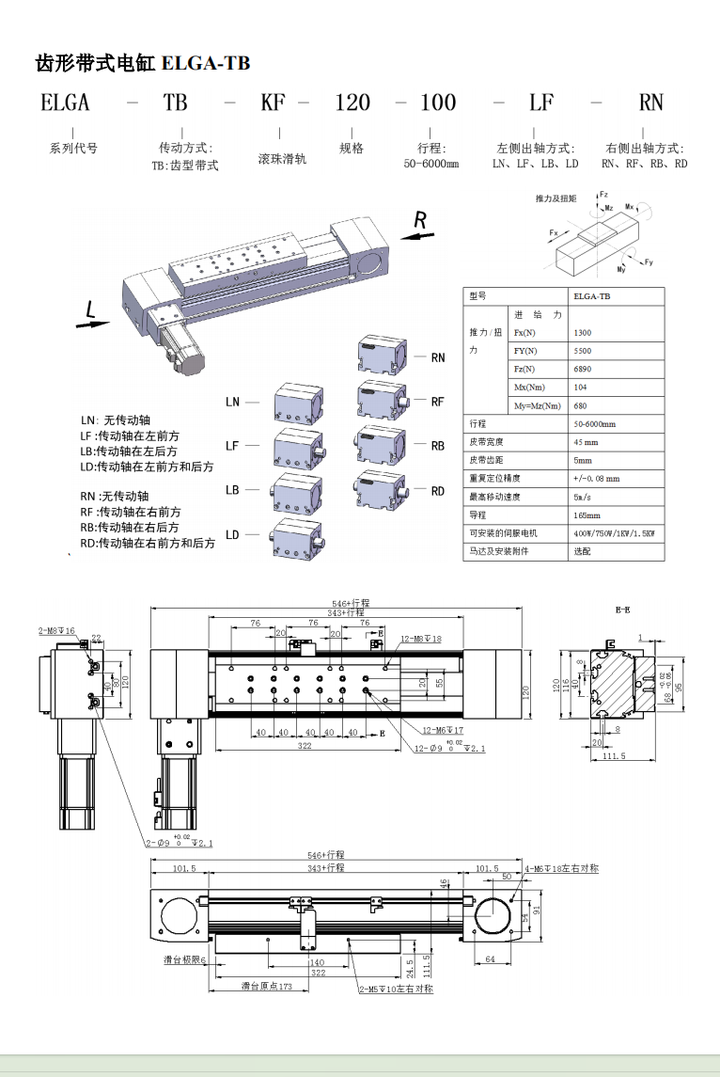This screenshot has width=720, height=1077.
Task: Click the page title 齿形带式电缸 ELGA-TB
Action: [x=143, y=64]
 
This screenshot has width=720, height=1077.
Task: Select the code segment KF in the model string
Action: [x=273, y=103]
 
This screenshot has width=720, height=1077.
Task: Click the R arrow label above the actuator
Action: [x=420, y=221]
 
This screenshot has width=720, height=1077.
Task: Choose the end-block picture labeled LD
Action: [x=298, y=536]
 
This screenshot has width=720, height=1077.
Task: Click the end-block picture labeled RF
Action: [x=383, y=400]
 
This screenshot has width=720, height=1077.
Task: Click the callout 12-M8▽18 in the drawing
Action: [x=420, y=639]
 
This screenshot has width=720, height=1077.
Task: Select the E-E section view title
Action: [x=622, y=610]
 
